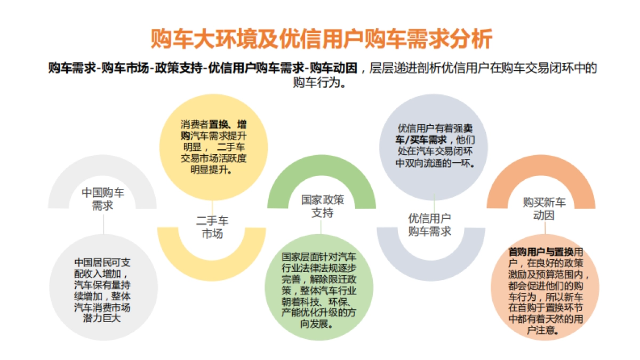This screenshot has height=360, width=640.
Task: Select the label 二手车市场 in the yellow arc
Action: pyautogui.click(x=212, y=227)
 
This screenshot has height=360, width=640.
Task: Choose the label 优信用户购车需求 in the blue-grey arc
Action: pyautogui.click(x=430, y=225)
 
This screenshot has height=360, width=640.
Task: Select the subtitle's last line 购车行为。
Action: pyautogui.click(x=321, y=83)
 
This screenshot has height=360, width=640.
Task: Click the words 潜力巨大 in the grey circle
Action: pyautogui.click(x=103, y=319)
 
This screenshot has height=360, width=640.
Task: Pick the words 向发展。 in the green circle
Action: pyautogui.click(x=320, y=324)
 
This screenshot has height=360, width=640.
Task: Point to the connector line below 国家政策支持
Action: pyautogui.click(x=321, y=226)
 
